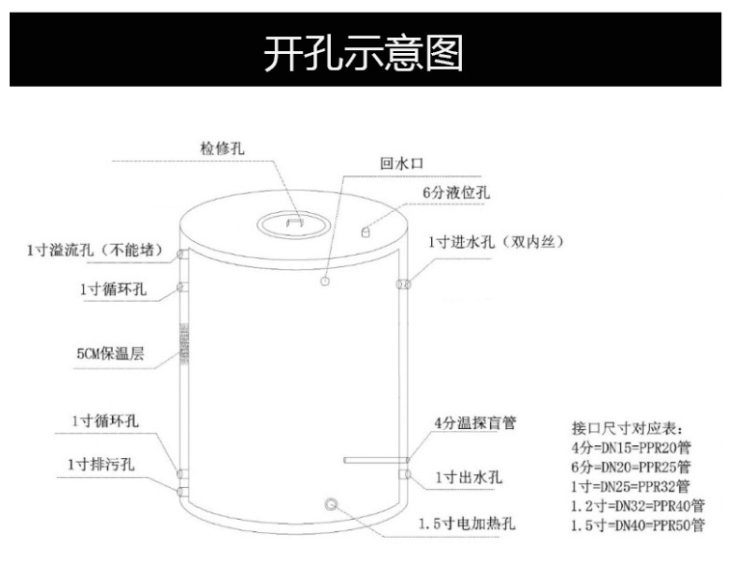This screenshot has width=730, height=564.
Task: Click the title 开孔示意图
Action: tap(365, 55)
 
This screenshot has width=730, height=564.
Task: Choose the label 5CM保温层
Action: tap(110, 354)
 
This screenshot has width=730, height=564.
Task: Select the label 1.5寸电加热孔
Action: tap(468, 524)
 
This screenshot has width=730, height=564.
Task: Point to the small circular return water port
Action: tap(326, 282)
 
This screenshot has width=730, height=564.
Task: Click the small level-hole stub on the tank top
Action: tap(366, 232)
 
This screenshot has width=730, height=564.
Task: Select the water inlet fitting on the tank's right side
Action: tap(405, 284)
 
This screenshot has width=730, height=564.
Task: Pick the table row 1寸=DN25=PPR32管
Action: tap(631, 485)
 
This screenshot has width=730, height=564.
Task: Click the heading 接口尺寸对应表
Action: tap(626, 429)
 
